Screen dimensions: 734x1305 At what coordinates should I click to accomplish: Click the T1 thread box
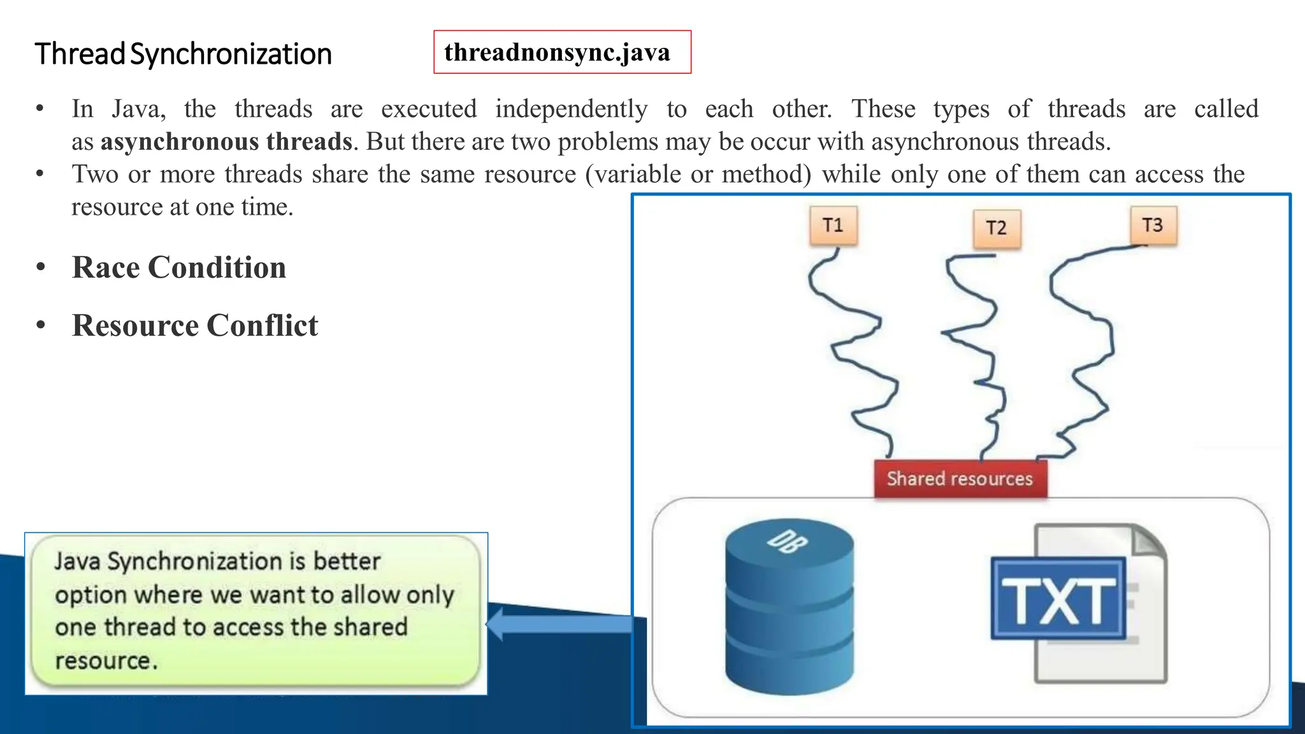coord(833,226)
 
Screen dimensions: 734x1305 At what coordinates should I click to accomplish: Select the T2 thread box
coord(997,229)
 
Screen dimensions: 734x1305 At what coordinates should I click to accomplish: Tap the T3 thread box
coord(1153,226)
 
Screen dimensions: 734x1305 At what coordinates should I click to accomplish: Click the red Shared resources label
coord(960,479)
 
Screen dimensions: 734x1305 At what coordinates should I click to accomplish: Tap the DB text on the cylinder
coord(788,541)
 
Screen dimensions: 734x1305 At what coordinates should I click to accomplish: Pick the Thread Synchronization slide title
coord(183,54)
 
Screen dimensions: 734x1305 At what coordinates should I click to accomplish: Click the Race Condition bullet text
coord(179,268)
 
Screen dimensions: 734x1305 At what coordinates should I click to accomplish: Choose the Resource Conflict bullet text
coord(195,326)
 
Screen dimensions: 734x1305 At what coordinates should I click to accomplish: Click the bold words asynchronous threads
coord(226,141)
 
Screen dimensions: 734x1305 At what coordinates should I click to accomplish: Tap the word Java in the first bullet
coord(138,109)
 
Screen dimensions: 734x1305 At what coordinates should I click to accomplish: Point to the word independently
coord(572,109)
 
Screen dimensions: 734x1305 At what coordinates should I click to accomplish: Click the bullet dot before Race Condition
coord(41,268)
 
